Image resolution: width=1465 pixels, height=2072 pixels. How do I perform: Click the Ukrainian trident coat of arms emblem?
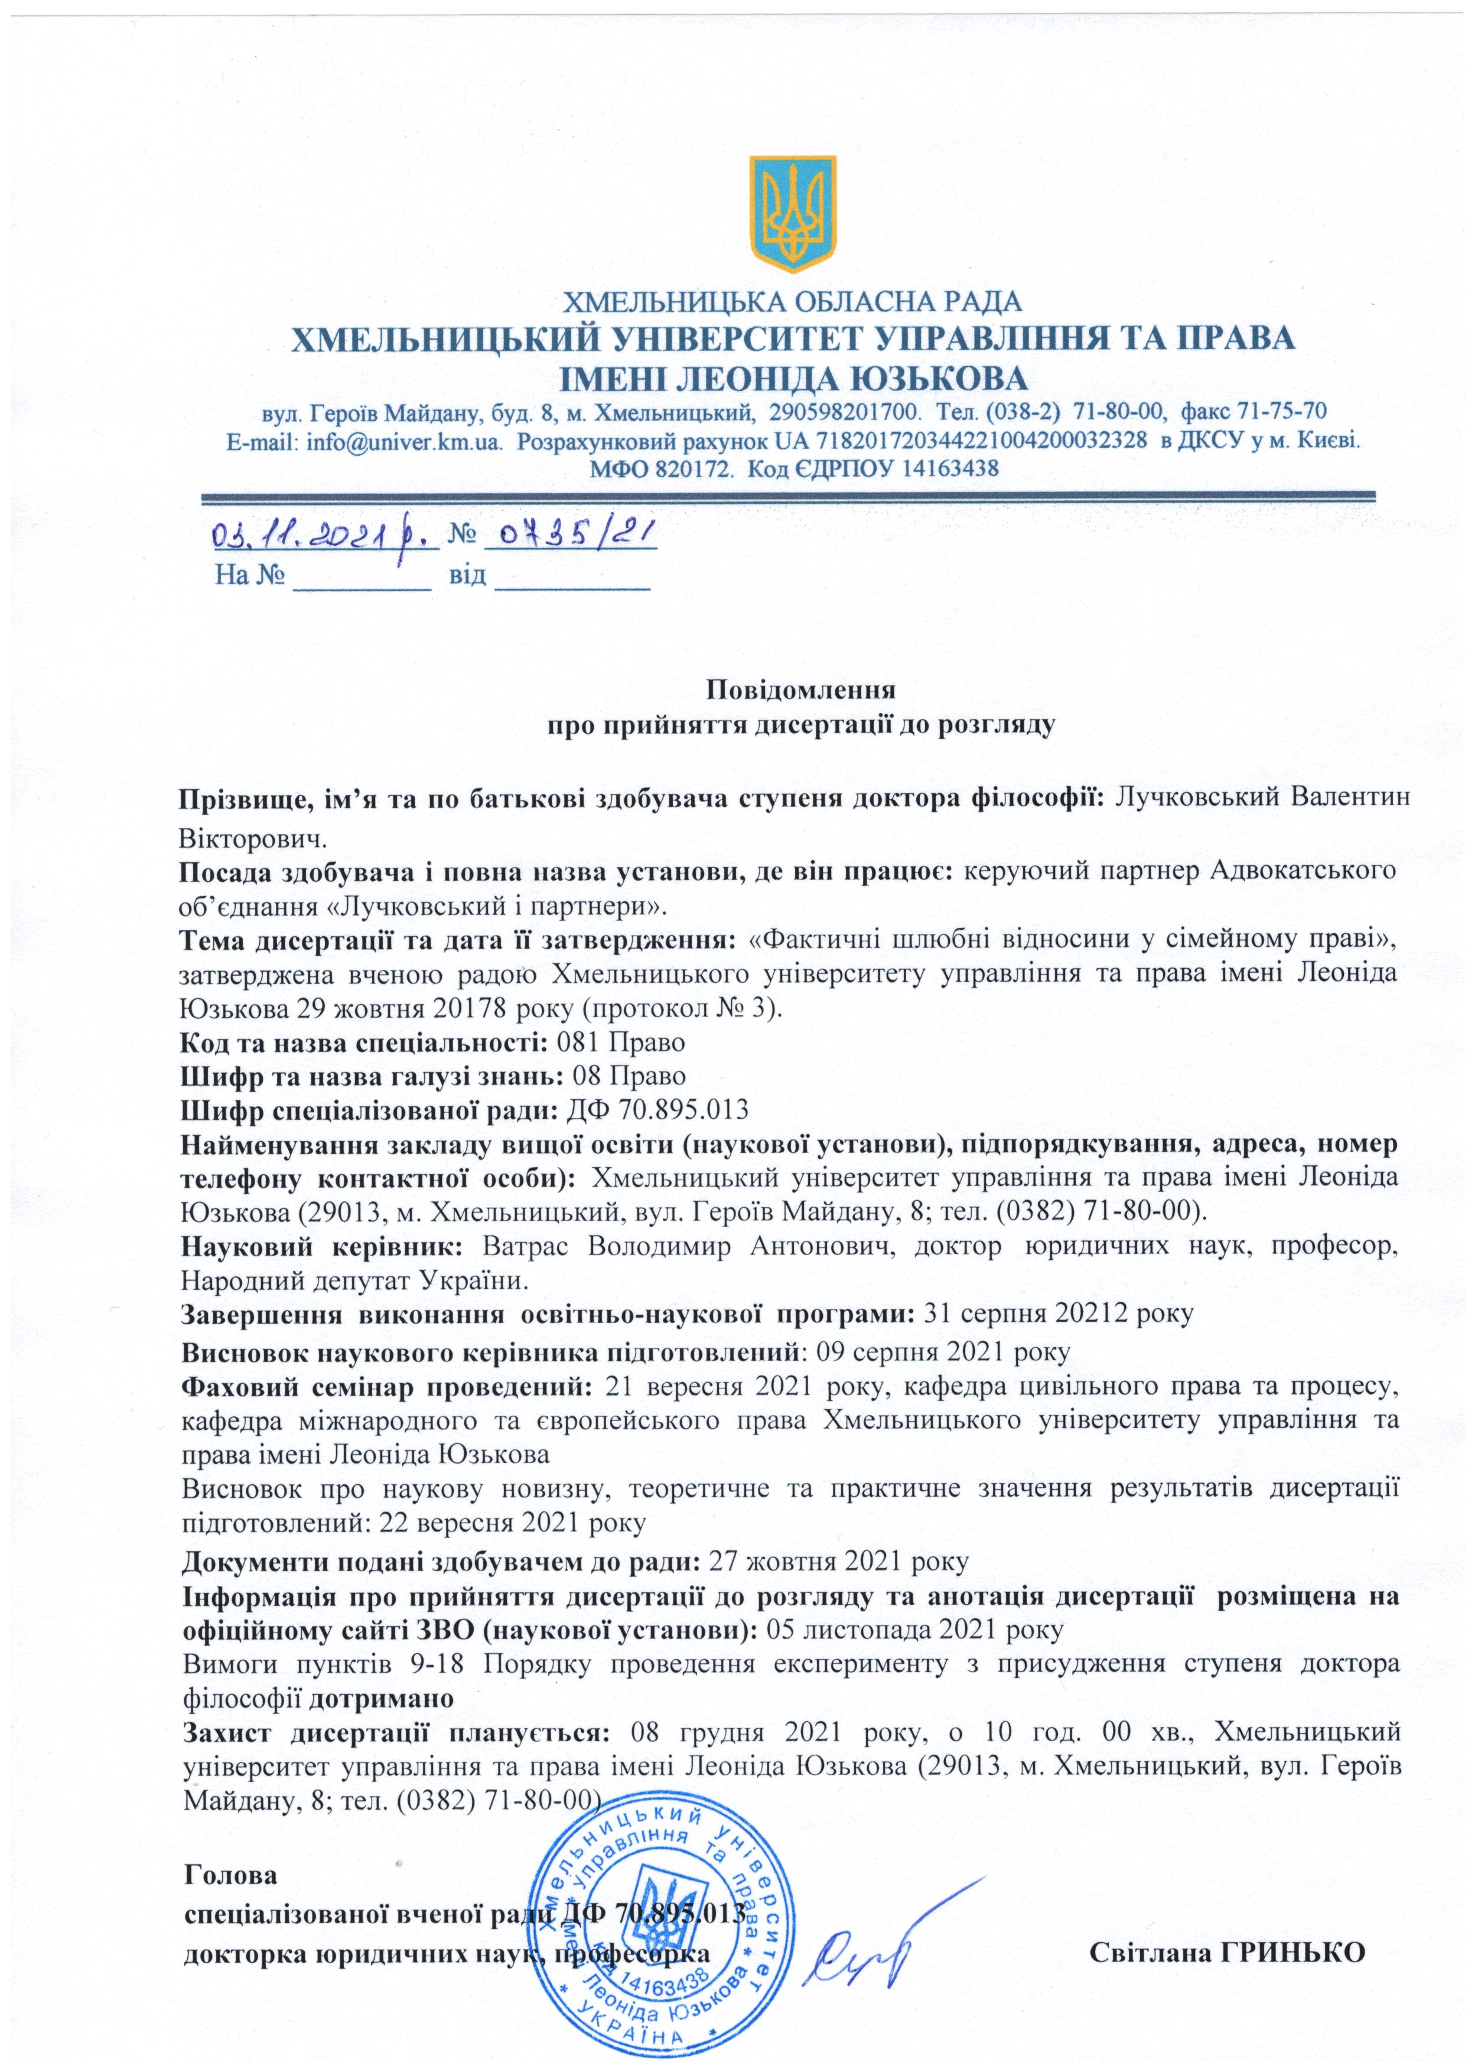coord(793,214)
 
